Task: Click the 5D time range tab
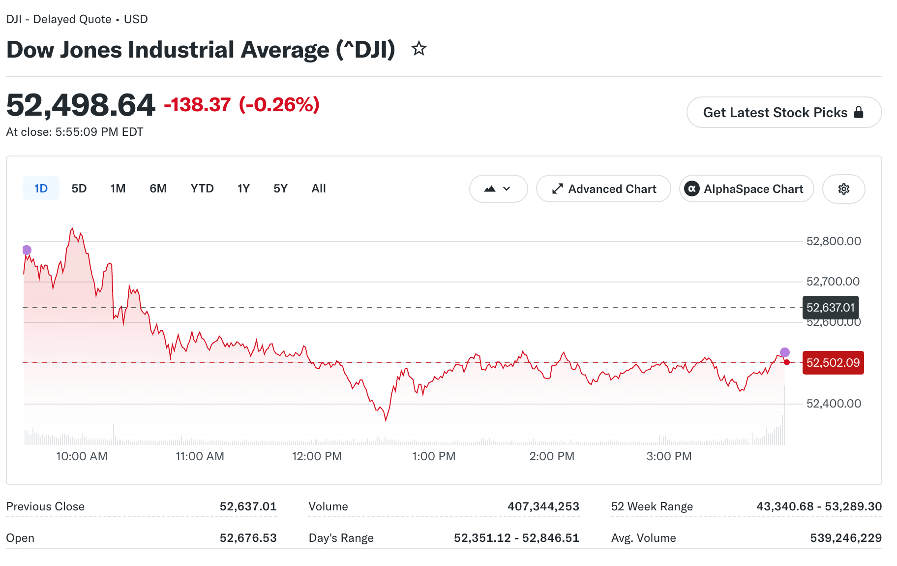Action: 79,189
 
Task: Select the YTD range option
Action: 202,189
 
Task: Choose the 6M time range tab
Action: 158,189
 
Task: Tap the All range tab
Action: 319,189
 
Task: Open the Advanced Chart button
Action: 603,189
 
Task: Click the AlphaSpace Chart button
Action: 747,189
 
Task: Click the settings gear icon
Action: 844,189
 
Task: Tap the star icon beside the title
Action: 419,49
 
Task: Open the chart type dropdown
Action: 499,189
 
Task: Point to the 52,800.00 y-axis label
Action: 834,241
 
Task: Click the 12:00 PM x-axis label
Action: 317,456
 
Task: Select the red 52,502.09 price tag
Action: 833,363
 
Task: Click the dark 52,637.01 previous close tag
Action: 831,308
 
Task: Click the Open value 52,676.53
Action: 248,538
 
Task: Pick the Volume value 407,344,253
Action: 543,506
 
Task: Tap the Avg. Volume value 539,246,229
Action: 846,538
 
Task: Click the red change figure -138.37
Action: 197,105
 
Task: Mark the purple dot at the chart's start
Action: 27,250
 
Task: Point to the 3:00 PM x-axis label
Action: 669,456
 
